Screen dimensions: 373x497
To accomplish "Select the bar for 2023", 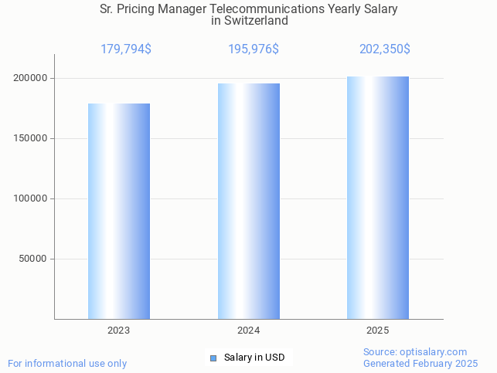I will coord(119,211).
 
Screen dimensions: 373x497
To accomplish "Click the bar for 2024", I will coord(248,201).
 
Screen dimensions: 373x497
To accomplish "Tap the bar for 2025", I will coord(378,198).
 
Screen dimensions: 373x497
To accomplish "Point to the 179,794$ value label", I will coord(126,49).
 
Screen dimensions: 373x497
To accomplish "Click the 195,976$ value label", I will coord(254,49).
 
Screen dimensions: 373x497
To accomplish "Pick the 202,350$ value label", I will coord(384,49).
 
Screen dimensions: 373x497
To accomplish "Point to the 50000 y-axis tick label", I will coord(35,259).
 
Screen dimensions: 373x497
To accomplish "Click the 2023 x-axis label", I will coord(119,331).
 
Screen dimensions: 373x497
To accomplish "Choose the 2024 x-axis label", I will coord(248,331).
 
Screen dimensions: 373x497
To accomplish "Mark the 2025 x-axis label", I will coord(378,331).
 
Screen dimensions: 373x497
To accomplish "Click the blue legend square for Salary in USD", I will coord(214,358).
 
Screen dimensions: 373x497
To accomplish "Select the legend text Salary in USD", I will coord(254,358).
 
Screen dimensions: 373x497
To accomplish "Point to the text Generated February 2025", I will coord(420,363).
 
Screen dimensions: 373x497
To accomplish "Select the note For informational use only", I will coord(67,363).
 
